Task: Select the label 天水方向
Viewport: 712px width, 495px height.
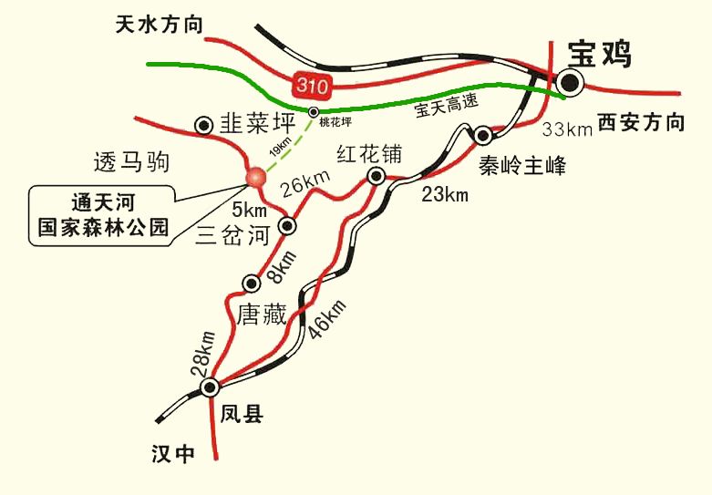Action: click(159, 25)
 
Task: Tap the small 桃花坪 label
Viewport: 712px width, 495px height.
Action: click(335, 120)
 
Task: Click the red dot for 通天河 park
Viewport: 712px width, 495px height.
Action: click(255, 177)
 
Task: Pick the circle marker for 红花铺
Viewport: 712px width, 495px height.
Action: click(375, 176)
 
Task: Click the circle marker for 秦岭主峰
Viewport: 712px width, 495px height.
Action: click(482, 135)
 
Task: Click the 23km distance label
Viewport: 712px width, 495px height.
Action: click(444, 193)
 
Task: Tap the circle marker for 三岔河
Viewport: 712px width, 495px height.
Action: click(288, 224)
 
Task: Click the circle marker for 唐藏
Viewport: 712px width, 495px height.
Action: click(252, 283)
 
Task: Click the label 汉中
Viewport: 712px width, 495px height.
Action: click(173, 454)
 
